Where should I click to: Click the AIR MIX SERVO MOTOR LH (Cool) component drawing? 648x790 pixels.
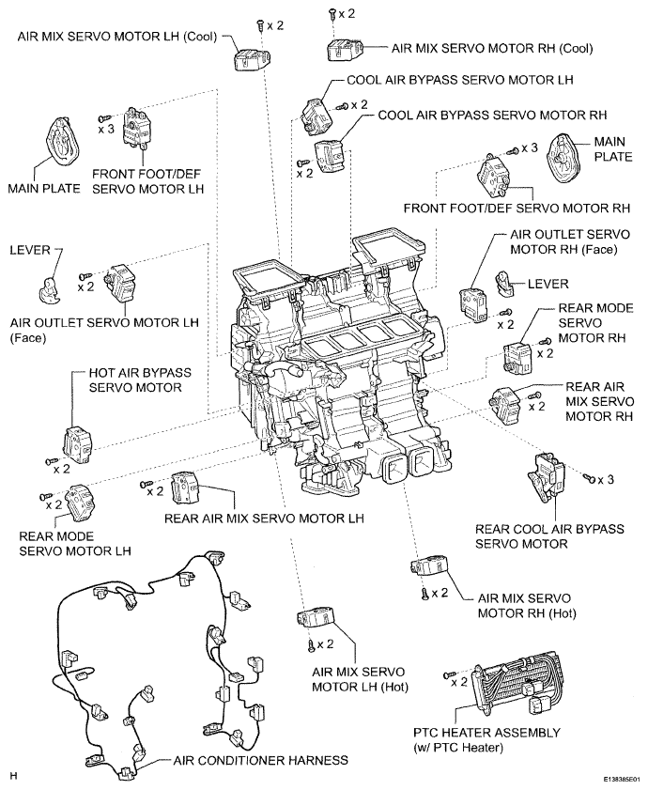(x=252, y=59)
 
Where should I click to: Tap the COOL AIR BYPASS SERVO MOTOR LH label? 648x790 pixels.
(x=460, y=80)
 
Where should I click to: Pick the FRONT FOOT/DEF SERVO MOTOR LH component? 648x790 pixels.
(x=135, y=128)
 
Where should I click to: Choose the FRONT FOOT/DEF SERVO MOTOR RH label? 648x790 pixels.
(x=517, y=209)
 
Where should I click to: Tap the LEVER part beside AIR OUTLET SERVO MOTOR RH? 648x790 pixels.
(x=504, y=283)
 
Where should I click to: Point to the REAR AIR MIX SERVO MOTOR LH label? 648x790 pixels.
(x=264, y=519)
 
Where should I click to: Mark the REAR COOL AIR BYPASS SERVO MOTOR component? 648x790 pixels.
(x=547, y=476)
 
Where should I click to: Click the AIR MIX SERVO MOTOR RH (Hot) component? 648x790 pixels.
(x=430, y=565)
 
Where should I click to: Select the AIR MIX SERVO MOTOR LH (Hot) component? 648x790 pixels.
(x=316, y=618)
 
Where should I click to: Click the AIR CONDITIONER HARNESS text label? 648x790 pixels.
(x=261, y=760)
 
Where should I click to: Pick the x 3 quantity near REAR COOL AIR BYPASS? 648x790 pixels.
(x=606, y=479)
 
